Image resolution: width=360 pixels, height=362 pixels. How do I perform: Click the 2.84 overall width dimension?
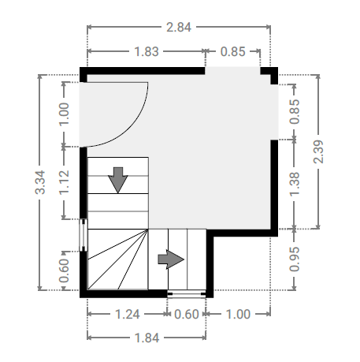tap(179, 28)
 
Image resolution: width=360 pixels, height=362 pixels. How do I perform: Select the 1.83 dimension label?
tap(147, 51)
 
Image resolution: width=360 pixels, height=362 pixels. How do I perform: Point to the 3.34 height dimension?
tap(41, 182)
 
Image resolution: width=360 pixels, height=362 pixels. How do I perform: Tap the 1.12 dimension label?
tap(65, 182)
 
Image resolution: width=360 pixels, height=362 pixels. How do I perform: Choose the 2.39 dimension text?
tap(318, 151)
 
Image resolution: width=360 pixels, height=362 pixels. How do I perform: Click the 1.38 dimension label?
tap(295, 184)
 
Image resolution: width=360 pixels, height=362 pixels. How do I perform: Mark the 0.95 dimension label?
tap(295, 259)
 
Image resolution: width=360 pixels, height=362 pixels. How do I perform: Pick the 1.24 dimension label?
tap(128, 315)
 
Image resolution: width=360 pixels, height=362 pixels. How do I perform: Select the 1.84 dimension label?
tap(147, 338)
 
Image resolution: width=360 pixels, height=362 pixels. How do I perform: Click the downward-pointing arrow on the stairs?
tap(118, 180)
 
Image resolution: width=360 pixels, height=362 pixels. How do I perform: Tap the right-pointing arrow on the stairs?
tap(171, 259)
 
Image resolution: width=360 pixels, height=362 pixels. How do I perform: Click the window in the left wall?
tap(84, 235)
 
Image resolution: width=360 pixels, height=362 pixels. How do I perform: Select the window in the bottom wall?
tap(187, 294)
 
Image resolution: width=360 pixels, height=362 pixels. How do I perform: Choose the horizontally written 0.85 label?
tap(233, 51)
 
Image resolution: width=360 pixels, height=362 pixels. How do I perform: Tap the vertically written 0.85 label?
tap(295, 111)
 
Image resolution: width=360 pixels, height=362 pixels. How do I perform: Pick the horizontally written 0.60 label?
tap(187, 315)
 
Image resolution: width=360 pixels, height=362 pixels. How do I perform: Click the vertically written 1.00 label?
tap(65, 114)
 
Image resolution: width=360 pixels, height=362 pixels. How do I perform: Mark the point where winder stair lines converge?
tap(148, 230)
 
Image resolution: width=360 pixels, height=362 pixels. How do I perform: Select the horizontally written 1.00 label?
tap(238, 315)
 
